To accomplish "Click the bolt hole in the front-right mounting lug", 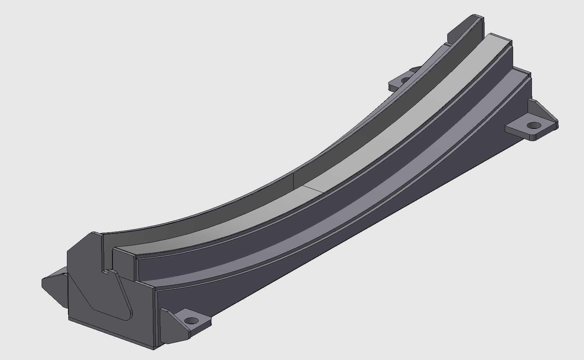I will click(x=191, y=321).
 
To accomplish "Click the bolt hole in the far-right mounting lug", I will click(x=534, y=126).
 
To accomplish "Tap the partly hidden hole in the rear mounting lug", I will click(x=406, y=79).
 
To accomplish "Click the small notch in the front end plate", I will click(x=106, y=272).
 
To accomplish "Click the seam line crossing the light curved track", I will click(x=315, y=188).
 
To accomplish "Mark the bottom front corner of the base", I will click(x=153, y=348).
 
